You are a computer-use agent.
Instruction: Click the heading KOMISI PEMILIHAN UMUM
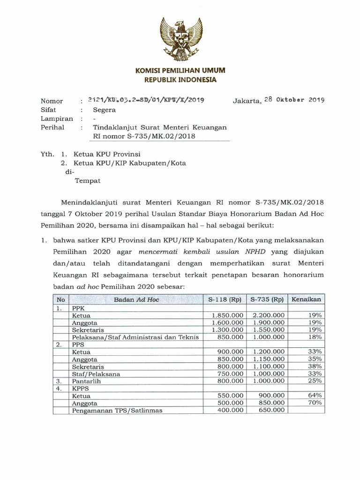coord(180,70)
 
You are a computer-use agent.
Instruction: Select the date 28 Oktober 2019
coord(294,100)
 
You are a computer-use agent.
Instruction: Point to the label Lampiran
coord(57,119)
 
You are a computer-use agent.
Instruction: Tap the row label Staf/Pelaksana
coord(96,374)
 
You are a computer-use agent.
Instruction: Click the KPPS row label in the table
coord(81,389)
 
